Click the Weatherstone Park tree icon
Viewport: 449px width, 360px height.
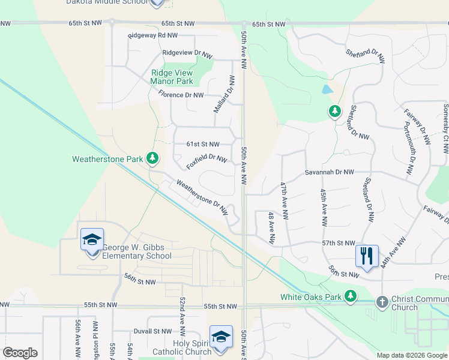pos(153,158)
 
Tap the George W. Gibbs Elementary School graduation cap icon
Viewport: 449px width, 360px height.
pos(92,239)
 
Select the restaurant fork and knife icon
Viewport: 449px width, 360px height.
pos(366,256)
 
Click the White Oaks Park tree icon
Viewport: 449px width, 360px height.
pos(351,296)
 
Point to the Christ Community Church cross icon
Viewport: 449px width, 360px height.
pos(382,302)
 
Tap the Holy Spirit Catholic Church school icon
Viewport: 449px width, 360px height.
pos(221,336)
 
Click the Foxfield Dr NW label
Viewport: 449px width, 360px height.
pos(206,161)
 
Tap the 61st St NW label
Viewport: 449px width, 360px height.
pos(202,144)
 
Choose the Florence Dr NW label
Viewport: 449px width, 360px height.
pos(181,95)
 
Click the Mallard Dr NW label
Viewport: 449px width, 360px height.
pos(223,94)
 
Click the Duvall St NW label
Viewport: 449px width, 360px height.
pos(152,331)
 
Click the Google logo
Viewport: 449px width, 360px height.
pos(20,353)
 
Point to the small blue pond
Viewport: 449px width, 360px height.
pos(326,91)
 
